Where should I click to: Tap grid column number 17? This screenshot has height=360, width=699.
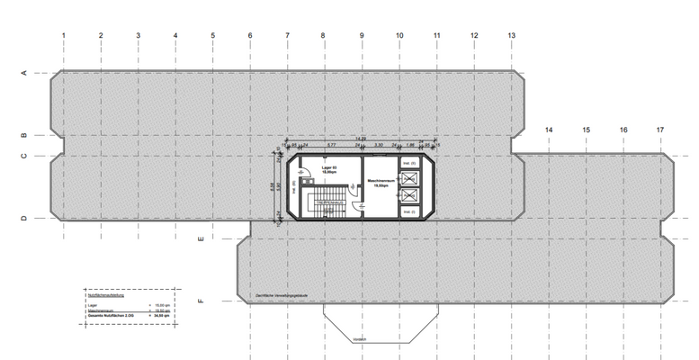(660, 130)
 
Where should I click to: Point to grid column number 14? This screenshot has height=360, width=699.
(549, 130)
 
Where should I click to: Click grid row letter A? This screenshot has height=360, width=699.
(24, 75)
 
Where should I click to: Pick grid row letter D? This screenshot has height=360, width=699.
(24, 218)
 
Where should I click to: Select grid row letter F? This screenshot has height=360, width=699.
(201, 301)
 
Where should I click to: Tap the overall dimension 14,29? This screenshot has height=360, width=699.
(361, 138)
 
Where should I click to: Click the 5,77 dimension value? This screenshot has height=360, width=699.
(331, 144)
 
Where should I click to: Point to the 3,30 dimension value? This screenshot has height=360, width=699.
(379, 144)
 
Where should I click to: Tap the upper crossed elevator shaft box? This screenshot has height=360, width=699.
(410, 177)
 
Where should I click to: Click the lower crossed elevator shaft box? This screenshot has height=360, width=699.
(410, 195)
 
